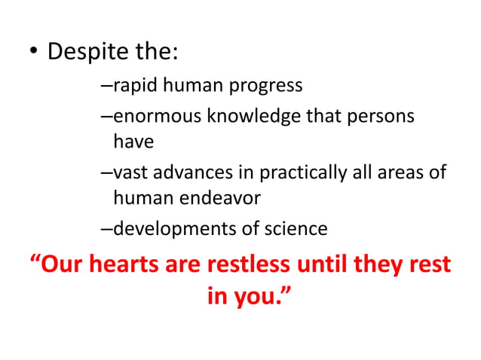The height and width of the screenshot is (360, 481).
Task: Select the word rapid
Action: (133, 85)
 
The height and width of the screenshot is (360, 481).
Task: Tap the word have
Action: (133, 141)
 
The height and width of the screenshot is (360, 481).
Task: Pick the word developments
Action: (175, 229)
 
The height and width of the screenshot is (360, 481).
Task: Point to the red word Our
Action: (62, 264)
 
